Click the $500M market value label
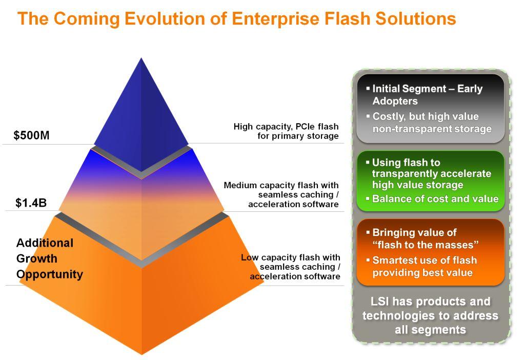point(31,136)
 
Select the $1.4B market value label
point(31,203)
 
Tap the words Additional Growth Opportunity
point(49,258)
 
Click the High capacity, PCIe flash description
point(286,131)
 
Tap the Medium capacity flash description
point(281,194)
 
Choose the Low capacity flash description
point(290,267)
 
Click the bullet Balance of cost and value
point(435,198)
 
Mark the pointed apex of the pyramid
point(141,59)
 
